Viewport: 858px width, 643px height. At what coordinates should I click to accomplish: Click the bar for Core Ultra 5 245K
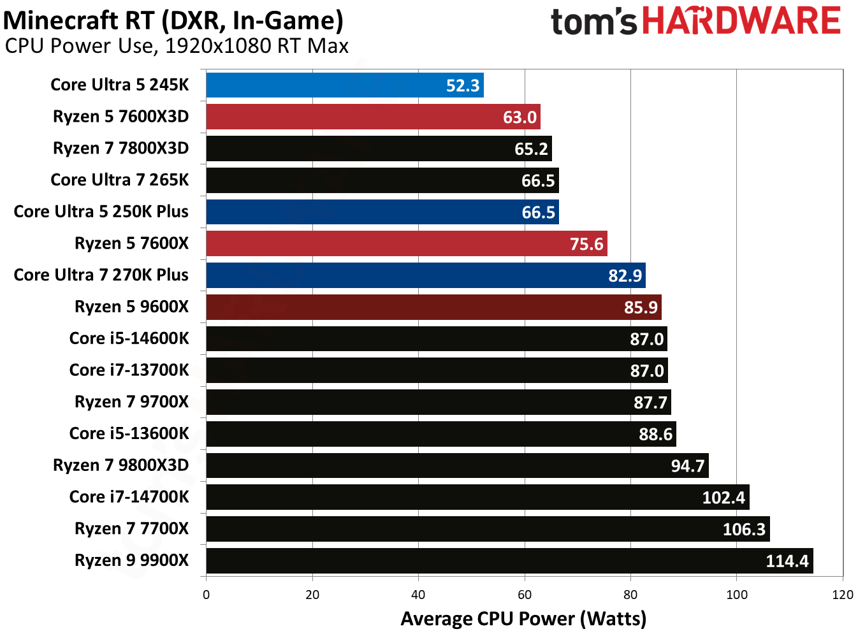[344, 85]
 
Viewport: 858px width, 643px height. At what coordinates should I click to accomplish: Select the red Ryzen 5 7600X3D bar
[373, 117]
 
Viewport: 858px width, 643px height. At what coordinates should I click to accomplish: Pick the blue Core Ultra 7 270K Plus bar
[425, 275]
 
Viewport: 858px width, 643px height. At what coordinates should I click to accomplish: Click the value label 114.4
[787, 561]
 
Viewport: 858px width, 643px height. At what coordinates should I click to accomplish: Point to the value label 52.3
[462, 85]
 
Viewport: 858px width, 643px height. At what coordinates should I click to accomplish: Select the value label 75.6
[586, 244]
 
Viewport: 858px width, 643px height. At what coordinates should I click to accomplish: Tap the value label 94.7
[687, 466]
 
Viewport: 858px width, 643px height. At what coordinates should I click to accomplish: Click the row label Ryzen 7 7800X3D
[121, 148]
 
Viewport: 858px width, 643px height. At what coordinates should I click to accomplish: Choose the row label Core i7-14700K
[129, 497]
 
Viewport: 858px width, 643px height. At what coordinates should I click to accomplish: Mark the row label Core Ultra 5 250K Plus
[101, 212]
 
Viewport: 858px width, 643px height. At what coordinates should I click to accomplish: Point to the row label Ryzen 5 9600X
[131, 307]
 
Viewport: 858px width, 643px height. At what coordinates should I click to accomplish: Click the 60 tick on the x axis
[525, 595]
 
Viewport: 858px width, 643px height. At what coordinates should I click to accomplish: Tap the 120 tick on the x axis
[843, 595]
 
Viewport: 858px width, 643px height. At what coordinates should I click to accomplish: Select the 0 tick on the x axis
[206, 595]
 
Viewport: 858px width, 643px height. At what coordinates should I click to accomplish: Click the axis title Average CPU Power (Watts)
[523, 619]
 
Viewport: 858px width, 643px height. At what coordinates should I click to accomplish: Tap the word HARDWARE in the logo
[741, 21]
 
